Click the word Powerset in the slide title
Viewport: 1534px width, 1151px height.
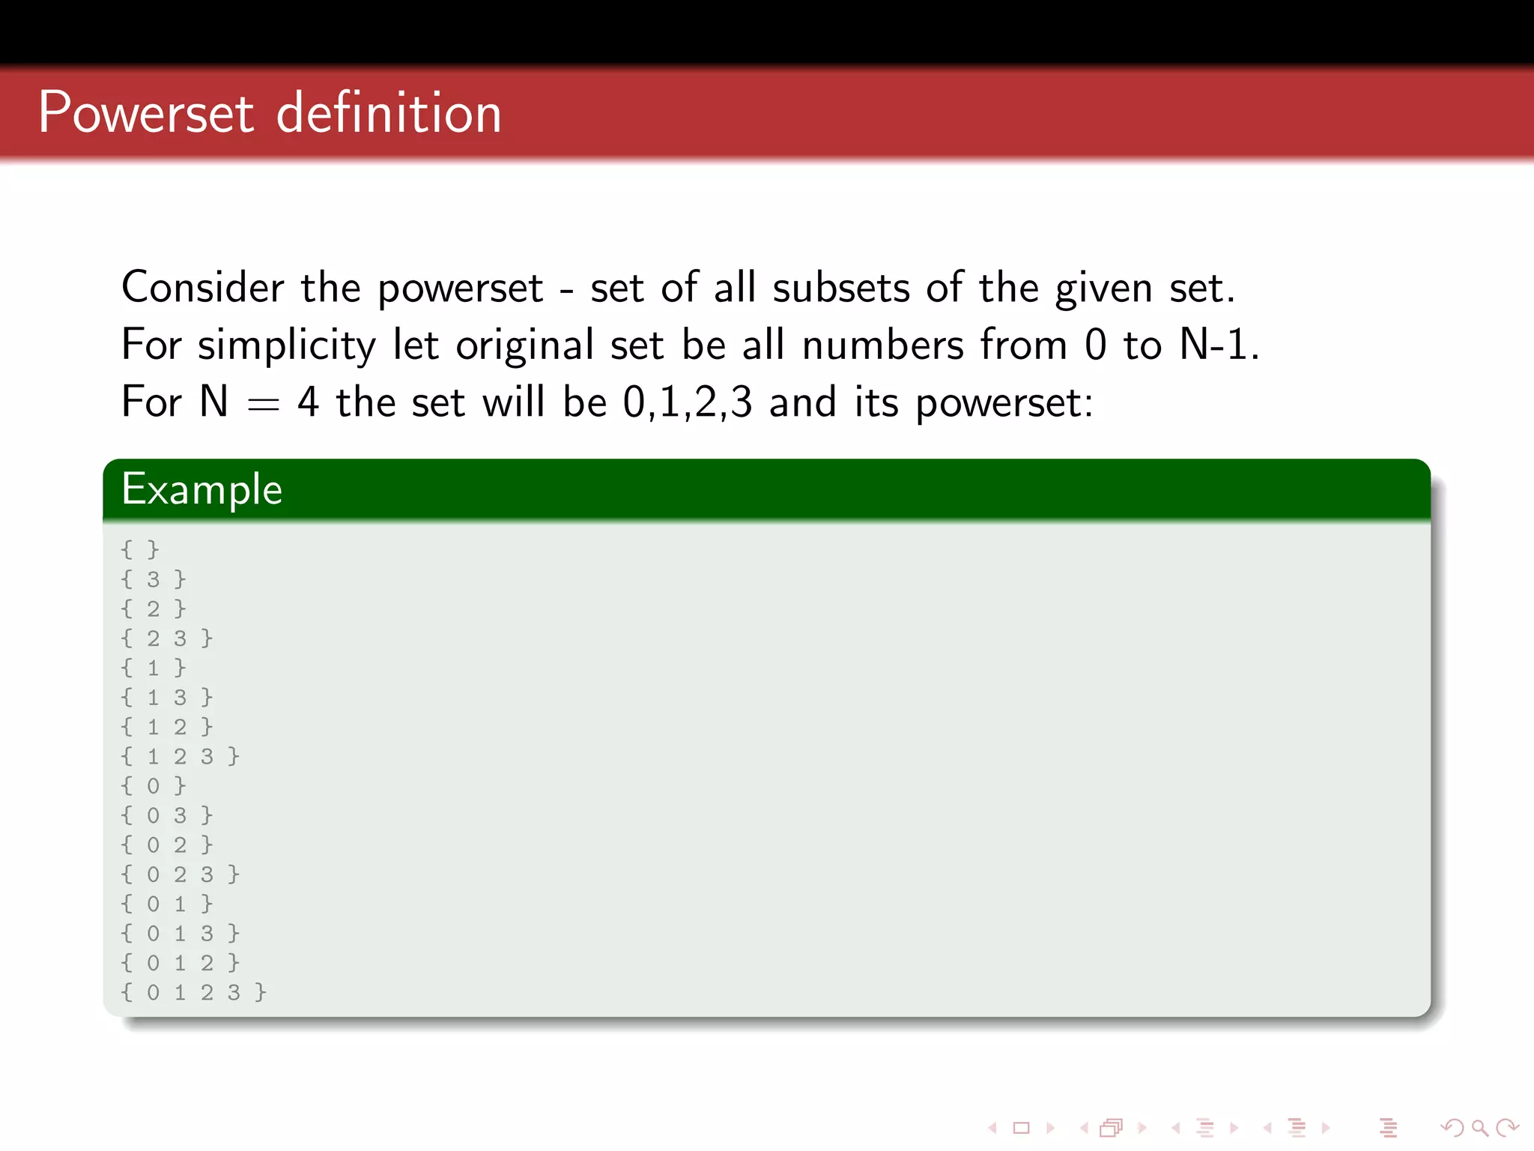[146, 113]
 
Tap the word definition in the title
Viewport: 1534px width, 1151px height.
[389, 113]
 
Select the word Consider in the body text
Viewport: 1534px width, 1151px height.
[203, 288]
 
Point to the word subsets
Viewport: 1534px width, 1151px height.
[841, 288]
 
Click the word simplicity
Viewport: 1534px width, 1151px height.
[287, 346]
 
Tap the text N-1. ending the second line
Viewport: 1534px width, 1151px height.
[1219, 345]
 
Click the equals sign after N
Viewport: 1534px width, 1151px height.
[263, 405]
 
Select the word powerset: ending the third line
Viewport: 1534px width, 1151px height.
[1004, 405]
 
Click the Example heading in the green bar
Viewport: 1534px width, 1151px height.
[202, 490]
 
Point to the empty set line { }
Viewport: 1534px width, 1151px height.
[140, 549]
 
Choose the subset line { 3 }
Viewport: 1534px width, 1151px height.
[154, 578]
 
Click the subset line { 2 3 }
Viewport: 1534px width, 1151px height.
[167, 638]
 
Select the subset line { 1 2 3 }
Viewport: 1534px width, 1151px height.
[181, 756]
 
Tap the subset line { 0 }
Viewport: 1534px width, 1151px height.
[154, 785]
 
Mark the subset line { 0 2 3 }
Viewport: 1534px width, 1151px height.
[181, 874]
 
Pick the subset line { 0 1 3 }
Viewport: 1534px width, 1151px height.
[181, 933]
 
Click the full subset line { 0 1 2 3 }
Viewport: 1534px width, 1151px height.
[194, 992]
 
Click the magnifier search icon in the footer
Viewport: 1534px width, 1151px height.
[1479, 1127]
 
